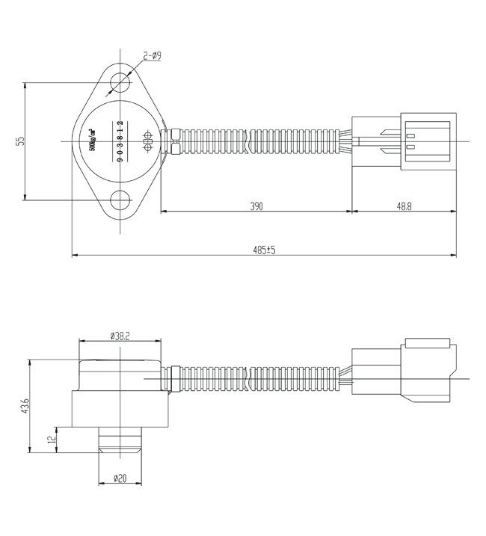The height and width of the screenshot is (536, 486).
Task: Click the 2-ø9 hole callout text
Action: tap(152, 56)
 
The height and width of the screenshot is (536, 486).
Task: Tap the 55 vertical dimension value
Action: tap(21, 141)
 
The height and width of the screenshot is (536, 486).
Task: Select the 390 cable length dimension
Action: tap(256, 206)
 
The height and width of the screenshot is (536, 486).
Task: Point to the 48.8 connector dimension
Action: tap(403, 206)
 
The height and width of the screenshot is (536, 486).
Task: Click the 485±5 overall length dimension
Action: tap(264, 250)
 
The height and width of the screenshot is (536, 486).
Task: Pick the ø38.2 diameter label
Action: tap(120, 336)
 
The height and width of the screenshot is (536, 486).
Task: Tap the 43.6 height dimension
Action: tap(25, 406)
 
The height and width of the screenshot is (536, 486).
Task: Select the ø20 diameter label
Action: tap(120, 478)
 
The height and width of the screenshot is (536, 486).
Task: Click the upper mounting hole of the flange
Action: tap(120, 81)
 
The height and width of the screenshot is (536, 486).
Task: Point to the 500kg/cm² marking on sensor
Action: tap(93, 141)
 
